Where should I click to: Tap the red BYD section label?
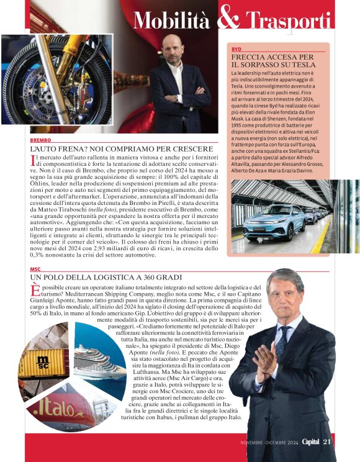point(236,48)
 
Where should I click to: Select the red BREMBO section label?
point(41,141)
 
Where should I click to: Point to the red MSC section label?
point(35,269)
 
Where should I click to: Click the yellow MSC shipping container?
point(43,362)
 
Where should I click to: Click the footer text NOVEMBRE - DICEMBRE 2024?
point(269,443)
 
